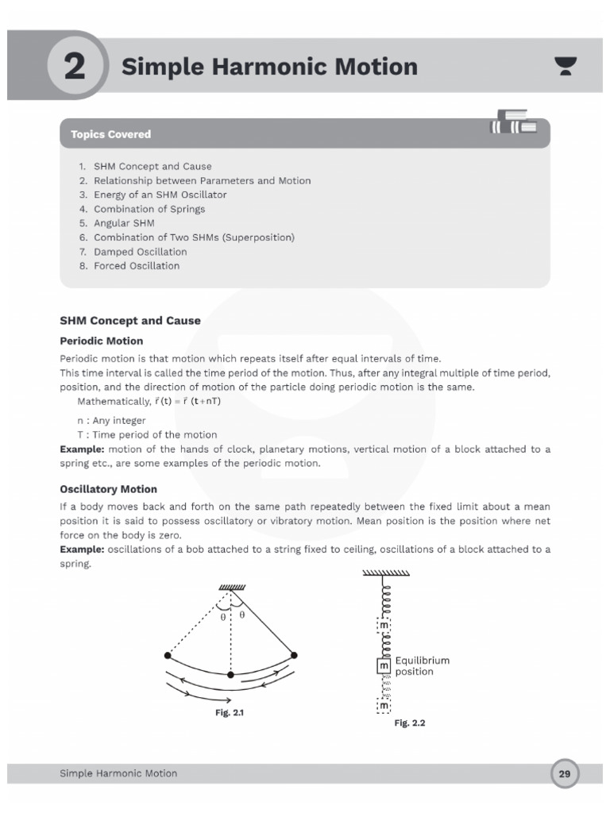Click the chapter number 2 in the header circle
74,67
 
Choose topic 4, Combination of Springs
149,209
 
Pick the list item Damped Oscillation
140,252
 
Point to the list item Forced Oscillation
137,266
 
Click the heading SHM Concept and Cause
130,321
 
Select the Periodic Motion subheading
102,340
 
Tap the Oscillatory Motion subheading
108,489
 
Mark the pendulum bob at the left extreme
168,655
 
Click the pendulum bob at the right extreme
294,655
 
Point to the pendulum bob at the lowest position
230,675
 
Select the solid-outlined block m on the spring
384,665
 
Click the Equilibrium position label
422,665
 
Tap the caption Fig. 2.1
230,713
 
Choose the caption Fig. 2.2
411,723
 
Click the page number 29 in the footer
565,773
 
